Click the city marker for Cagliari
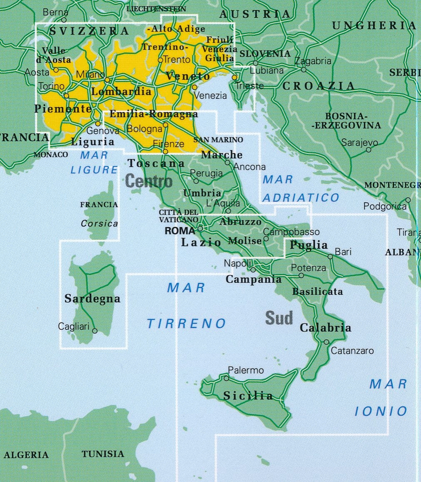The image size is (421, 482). (x=95, y=331)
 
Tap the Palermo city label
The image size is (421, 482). (x=246, y=370)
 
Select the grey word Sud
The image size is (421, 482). (x=279, y=318)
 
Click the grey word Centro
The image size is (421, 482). (x=149, y=181)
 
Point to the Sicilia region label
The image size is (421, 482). (x=248, y=395)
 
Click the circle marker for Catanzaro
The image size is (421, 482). (x=326, y=342)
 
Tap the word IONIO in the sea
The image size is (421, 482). (x=381, y=412)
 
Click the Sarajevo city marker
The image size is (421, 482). (x=368, y=150)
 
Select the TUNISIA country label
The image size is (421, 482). (x=103, y=454)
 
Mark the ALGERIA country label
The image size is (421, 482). (x=26, y=455)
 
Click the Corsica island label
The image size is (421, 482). (x=100, y=223)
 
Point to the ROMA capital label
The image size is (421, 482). (x=180, y=231)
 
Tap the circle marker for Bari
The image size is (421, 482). (x=330, y=256)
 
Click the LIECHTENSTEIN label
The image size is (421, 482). (x=156, y=9)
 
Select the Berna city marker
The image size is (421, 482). (x=64, y=20)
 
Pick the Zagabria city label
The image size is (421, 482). (x=313, y=61)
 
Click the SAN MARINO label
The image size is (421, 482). (x=218, y=140)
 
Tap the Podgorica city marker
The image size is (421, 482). (x=408, y=200)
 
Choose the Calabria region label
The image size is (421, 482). (x=325, y=328)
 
